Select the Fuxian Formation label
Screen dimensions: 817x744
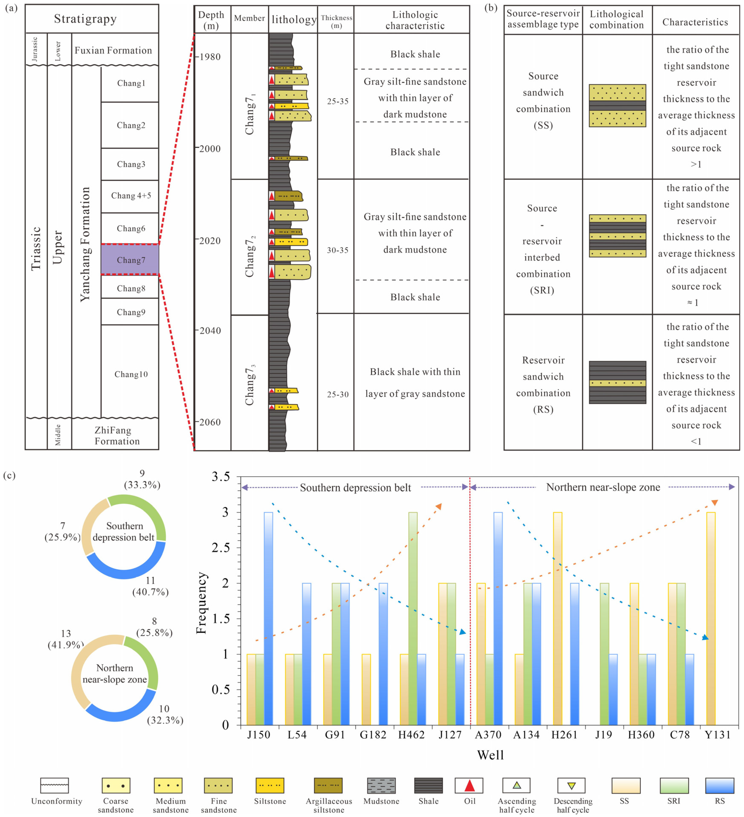[x=113, y=50]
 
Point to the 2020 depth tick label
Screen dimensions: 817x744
[x=210, y=241]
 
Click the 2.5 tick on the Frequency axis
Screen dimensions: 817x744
[x=220, y=547]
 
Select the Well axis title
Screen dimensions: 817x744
[x=490, y=755]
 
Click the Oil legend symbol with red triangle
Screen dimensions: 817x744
[x=469, y=785]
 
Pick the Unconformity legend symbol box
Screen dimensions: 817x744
[x=54, y=785]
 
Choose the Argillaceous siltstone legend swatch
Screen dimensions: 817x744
[x=328, y=785]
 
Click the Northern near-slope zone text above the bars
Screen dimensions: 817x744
[x=603, y=487]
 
